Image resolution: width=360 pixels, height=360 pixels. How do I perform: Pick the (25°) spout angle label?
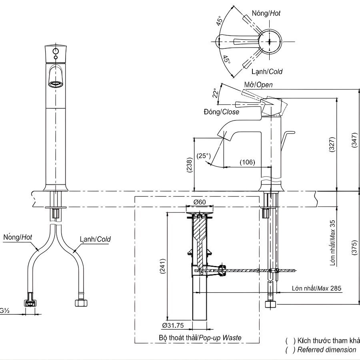click(x=203, y=156)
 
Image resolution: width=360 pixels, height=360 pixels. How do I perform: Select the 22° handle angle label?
click(x=216, y=93)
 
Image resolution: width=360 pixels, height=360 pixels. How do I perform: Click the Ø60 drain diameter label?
click(x=200, y=202)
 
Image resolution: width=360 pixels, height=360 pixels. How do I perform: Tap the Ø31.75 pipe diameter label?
click(x=173, y=325)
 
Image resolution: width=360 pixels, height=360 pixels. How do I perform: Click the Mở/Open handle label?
click(x=258, y=85)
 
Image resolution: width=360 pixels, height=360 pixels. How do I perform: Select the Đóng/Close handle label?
click(x=220, y=112)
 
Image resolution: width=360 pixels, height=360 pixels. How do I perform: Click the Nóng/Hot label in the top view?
click(x=266, y=13)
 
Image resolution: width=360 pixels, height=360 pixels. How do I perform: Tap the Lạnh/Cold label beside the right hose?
click(x=95, y=239)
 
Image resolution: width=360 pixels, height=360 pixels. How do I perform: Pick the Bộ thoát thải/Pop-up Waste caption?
click(x=200, y=338)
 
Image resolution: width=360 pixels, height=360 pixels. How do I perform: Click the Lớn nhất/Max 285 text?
click(x=316, y=288)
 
